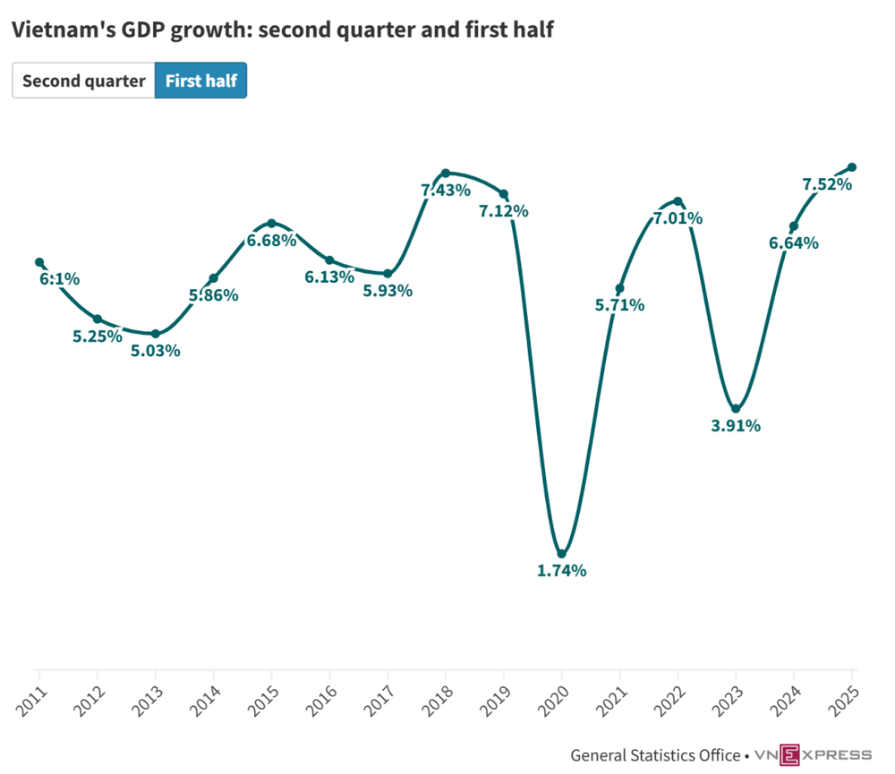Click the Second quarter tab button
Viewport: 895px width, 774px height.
[x=83, y=81]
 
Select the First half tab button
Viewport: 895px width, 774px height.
[x=200, y=81]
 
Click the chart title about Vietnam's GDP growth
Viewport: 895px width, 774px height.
[x=282, y=30]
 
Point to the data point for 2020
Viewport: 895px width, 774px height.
[x=561, y=554]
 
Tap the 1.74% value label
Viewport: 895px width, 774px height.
[x=561, y=570]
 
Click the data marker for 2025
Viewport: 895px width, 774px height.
[x=852, y=167]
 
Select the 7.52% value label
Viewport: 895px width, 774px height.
[x=827, y=184]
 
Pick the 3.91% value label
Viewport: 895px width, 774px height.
[x=736, y=426]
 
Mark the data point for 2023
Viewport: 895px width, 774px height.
[x=736, y=409]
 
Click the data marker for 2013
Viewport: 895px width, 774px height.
[x=156, y=334]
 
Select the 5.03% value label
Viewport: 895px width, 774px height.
[x=156, y=351]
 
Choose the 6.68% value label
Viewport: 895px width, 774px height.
[x=271, y=241]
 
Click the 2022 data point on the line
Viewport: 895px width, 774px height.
[x=678, y=201]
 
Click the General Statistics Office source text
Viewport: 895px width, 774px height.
[x=655, y=754]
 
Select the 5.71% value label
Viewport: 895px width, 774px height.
[x=619, y=305]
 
